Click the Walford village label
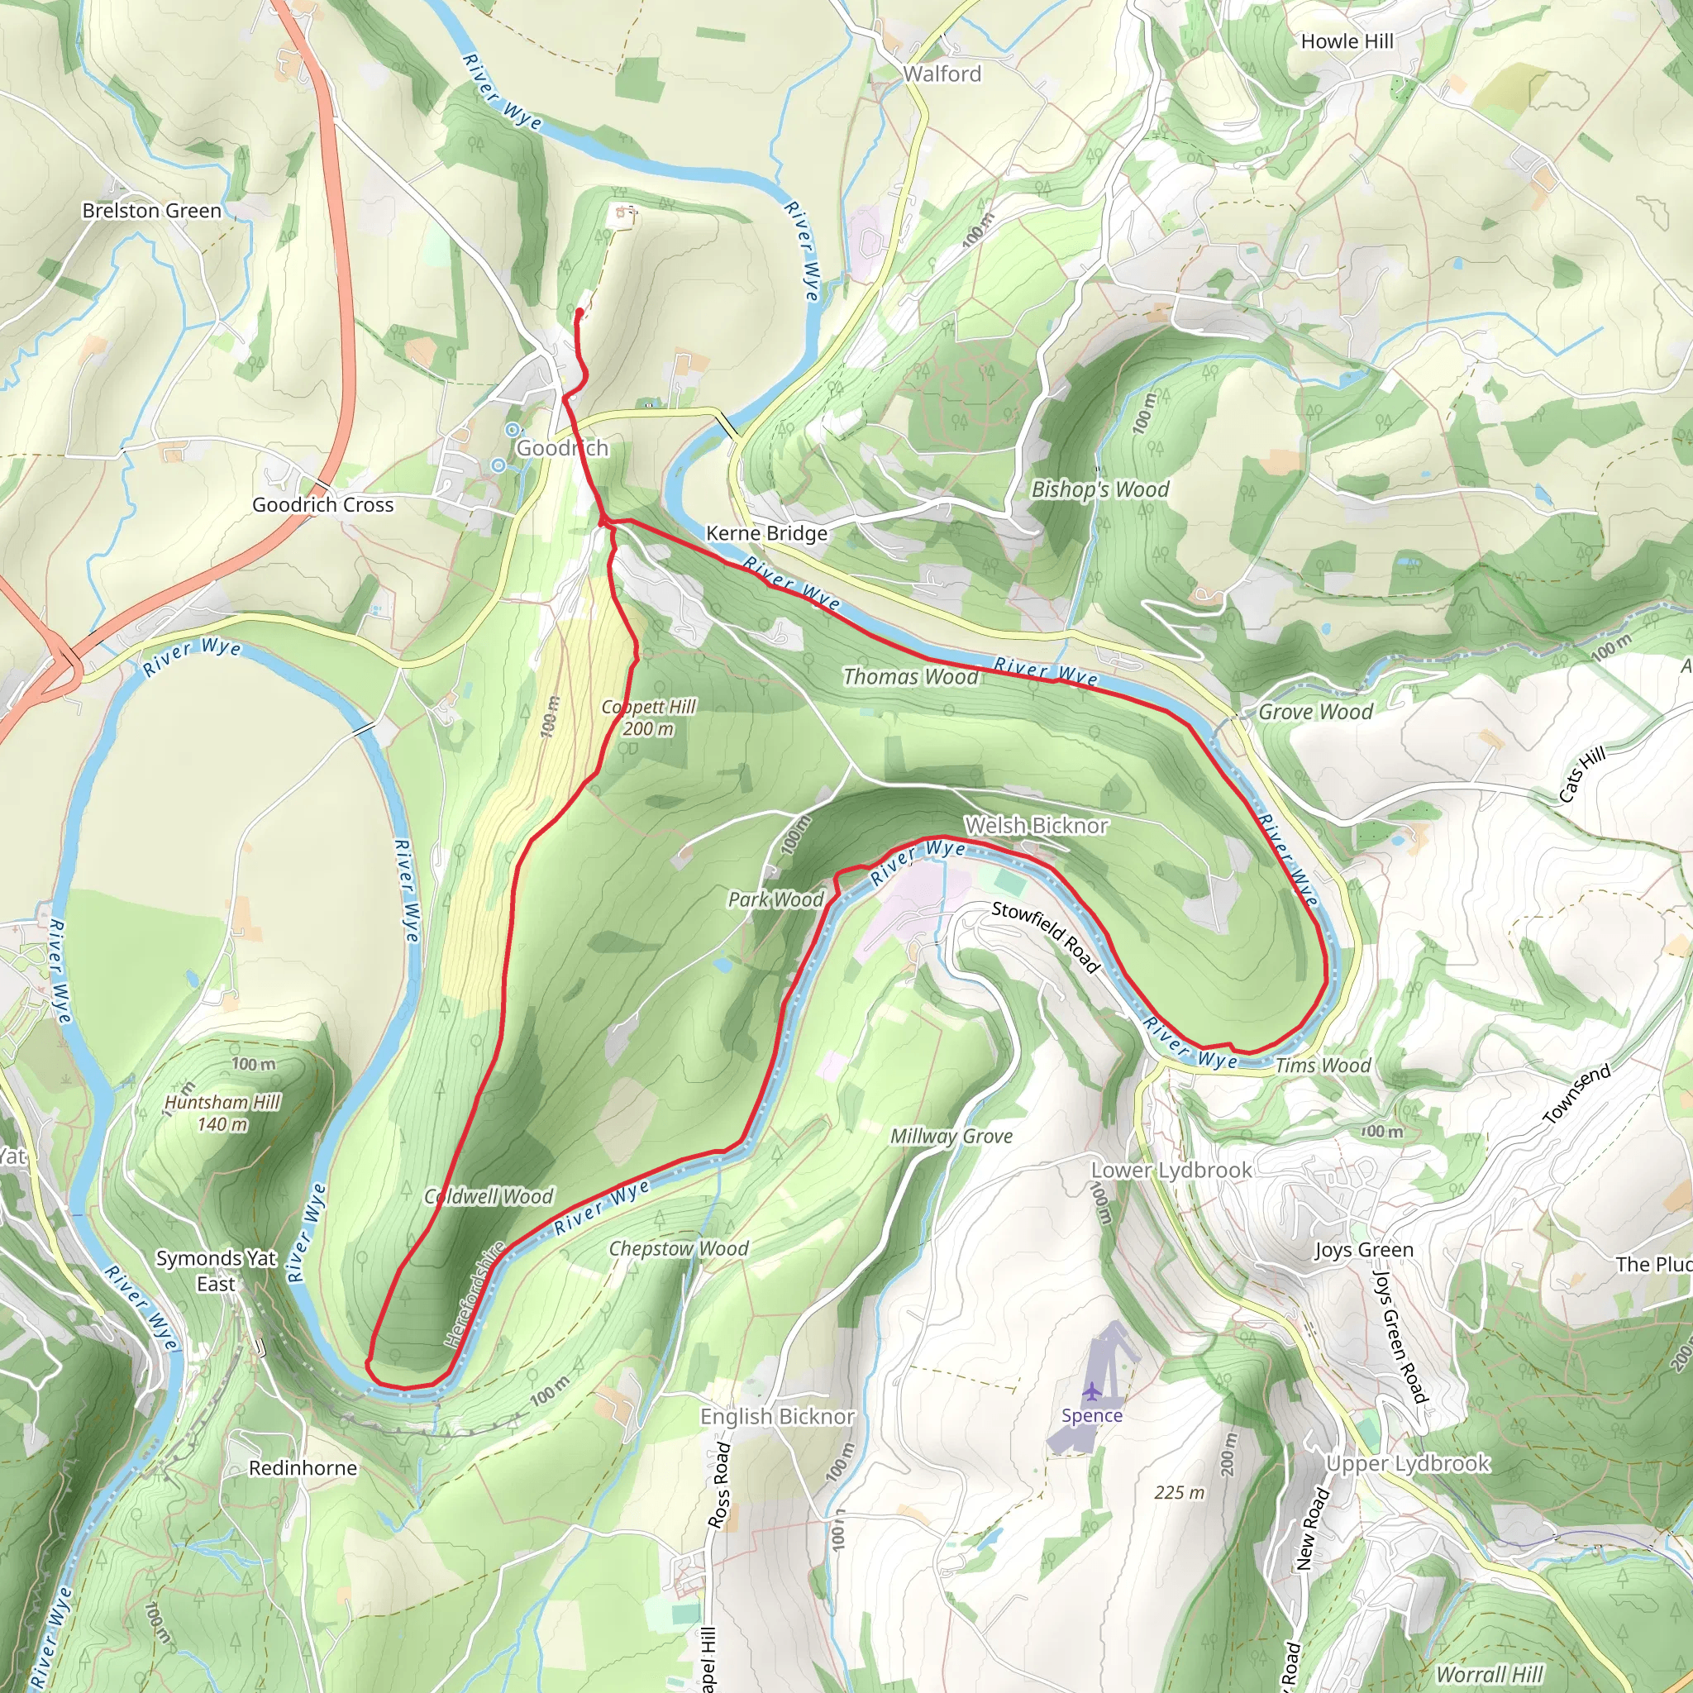[942, 74]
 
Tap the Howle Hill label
[1346, 41]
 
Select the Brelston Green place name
[151, 210]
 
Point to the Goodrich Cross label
[322, 505]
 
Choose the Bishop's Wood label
[1099, 489]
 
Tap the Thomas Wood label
[909, 676]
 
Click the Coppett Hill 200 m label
[648, 718]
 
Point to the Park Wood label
[775, 899]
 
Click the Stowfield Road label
[1046, 936]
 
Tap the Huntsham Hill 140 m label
[222, 1113]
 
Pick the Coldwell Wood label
[489, 1196]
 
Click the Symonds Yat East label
[216, 1271]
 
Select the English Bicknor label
[776, 1416]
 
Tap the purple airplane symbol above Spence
[1091, 1390]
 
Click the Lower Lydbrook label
[1171, 1170]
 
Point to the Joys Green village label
[1363, 1250]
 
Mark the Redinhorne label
[303, 1468]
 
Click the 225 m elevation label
[1179, 1492]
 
